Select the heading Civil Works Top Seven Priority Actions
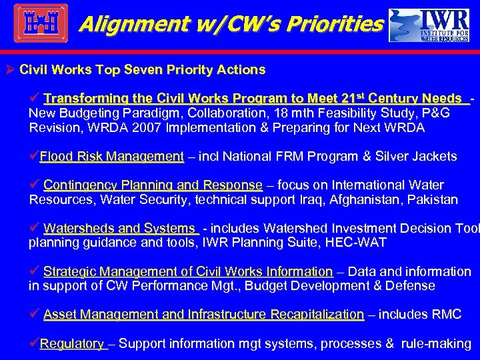coord(143,69)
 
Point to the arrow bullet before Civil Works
coord(11,69)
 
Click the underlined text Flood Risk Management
coord(111,157)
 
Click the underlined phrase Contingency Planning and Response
coord(153,185)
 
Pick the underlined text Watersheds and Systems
coord(121,228)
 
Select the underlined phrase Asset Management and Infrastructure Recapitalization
coord(203,314)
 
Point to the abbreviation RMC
coord(446,314)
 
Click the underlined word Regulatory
coord(72,344)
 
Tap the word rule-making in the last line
coord(436,344)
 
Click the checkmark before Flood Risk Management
coord(34,156)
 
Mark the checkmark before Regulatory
coord(34,343)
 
